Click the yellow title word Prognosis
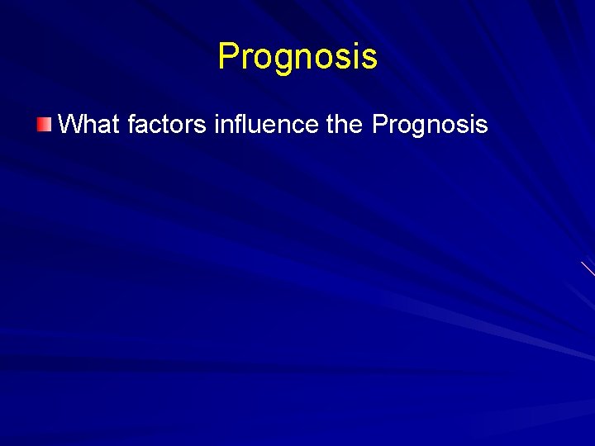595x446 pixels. click(x=297, y=57)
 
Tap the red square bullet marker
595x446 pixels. click(x=44, y=126)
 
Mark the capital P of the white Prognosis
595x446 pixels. click(x=380, y=125)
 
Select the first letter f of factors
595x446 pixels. click(x=133, y=125)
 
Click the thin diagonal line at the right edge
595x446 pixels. click(x=588, y=268)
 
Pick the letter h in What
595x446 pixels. click(x=90, y=125)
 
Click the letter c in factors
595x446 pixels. click(x=156, y=126)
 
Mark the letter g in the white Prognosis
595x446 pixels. click(x=418, y=128)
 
